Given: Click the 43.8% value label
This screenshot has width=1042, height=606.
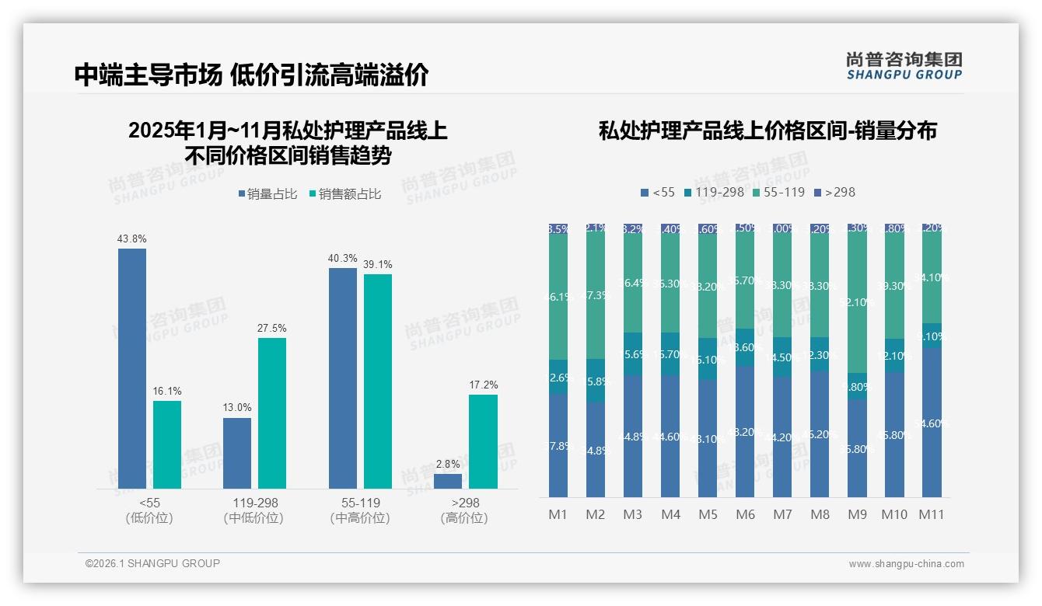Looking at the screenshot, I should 132,239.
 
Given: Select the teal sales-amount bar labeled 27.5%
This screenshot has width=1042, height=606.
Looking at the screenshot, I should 271,413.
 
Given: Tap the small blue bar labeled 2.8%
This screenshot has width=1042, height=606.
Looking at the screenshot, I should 448,481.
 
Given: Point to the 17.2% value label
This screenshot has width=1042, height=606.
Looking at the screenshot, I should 483,385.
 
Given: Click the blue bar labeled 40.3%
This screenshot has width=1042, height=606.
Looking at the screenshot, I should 343,378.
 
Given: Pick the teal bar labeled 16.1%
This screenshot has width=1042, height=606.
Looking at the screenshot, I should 167,444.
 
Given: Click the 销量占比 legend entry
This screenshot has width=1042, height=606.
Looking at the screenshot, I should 267,194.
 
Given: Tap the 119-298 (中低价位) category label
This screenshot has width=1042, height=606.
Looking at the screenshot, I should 253,510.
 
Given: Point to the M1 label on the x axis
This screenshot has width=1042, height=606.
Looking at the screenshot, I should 558,514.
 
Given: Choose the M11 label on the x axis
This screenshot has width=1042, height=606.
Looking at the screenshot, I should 932,514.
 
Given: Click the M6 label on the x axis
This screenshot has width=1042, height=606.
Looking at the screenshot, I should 745,514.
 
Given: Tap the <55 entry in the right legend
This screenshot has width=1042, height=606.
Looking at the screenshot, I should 657,192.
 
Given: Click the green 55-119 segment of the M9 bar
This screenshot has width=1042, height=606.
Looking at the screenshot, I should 857,303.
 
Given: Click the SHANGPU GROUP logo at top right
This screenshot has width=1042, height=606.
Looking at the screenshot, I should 904,66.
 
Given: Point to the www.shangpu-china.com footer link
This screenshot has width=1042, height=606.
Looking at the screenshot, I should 906,564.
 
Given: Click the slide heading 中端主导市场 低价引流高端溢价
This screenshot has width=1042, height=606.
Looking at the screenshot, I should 251,75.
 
